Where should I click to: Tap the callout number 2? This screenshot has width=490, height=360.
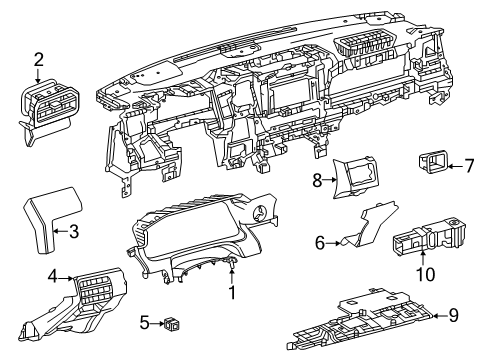(38, 58)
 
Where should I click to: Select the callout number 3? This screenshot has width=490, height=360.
(72, 233)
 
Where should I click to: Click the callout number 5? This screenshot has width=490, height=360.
(144, 322)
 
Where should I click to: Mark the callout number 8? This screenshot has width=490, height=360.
(317, 181)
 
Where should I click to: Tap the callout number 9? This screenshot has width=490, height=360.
(453, 316)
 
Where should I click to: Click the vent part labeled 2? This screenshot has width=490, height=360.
(47, 108)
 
